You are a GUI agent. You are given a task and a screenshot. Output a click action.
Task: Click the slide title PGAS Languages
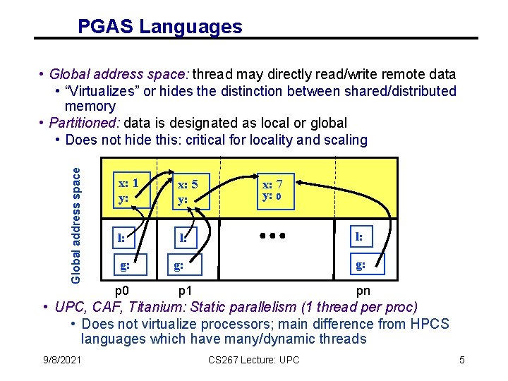(159, 27)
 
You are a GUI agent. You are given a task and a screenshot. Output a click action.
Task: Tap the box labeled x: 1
(130, 190)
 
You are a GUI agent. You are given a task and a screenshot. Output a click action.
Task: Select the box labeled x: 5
(188, 191)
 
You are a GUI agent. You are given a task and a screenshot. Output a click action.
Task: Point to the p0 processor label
(123, 291)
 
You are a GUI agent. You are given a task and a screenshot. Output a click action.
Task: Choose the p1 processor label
(186, 291)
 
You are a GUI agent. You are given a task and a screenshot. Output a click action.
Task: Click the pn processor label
(363, 291)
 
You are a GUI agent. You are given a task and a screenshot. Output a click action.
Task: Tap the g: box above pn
(361, 265)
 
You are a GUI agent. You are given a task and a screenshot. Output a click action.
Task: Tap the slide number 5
(462, 361)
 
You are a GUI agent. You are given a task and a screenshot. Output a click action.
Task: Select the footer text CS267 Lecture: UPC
(254, 361)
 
